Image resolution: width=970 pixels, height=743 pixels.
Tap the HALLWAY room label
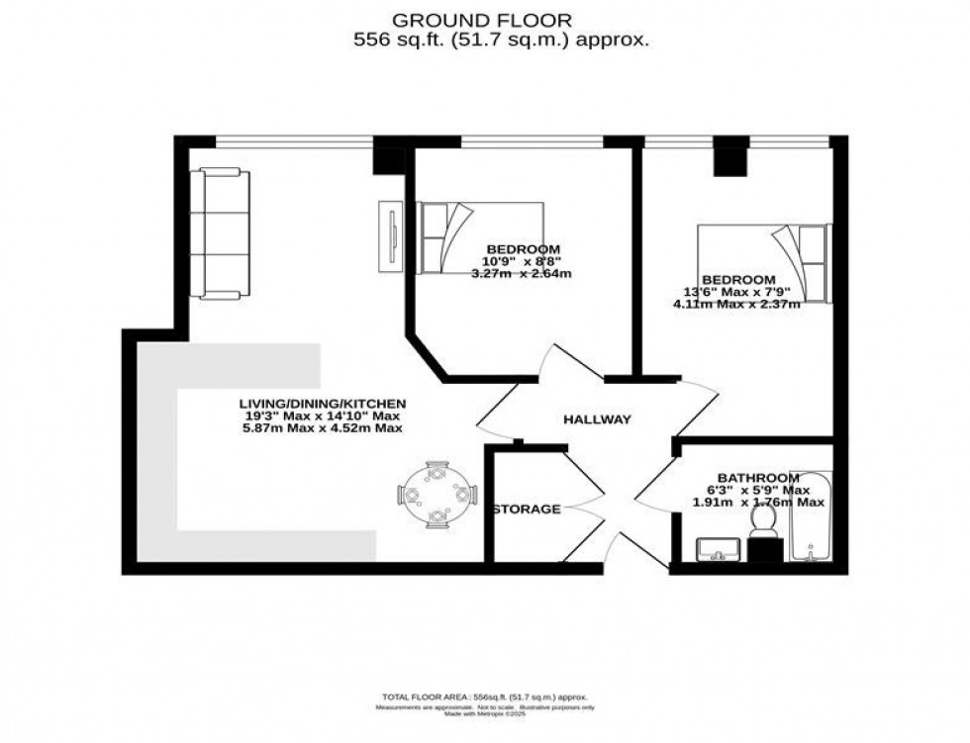pyautogui.click(x=597, y=419)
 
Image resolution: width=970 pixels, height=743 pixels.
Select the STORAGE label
pyautogui.click(x=527, y=510)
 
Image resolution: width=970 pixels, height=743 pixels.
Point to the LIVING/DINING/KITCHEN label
pyautogui.click(x=323, y=403)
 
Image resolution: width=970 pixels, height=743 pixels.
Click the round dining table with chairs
pyautogui.click(x=437, y=492)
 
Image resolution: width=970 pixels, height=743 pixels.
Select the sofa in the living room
pyautogui.click(x=220, y=233)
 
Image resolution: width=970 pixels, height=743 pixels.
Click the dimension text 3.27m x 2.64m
pyautogui.click(x=523, y=274)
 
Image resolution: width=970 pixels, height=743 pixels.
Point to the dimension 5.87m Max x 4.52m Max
pyautogui.click(x=323, y=428)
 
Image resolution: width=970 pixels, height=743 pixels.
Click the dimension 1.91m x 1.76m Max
pyautogui.click(x=757, y=503)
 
